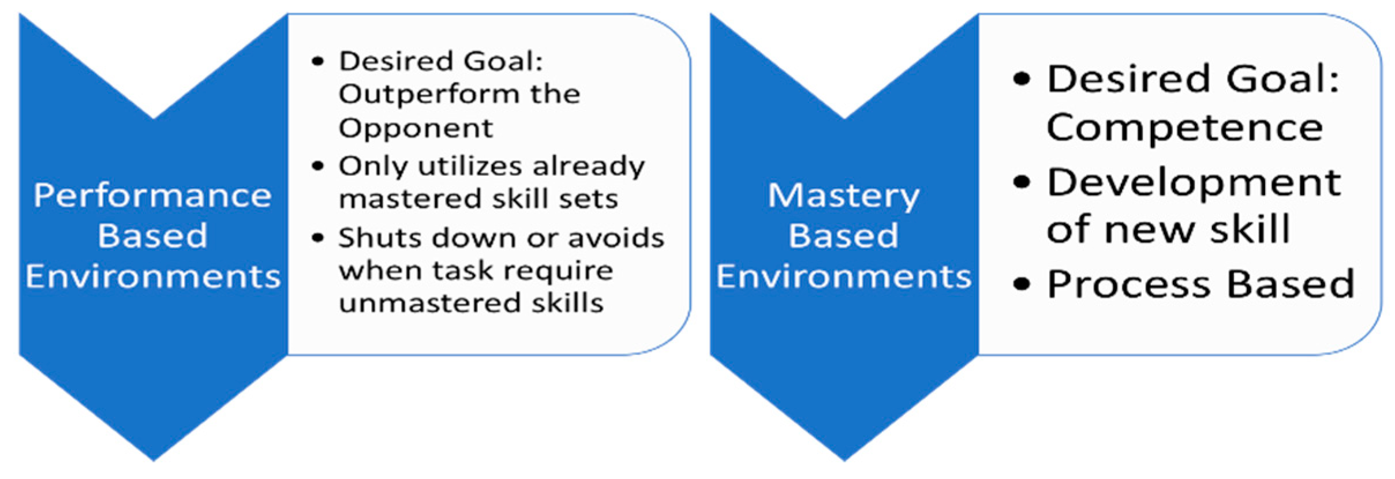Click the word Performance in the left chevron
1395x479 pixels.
click(x=153, y=195)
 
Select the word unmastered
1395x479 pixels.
click(x=430, y=303)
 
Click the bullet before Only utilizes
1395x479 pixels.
click(x=317, y=167)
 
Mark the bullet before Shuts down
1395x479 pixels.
click(x=317, y=238)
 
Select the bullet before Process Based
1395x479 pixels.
click(x=1021, y=285)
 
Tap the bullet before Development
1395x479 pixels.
click(x=1021, y=182)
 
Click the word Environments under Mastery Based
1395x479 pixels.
click(x=844, y=276)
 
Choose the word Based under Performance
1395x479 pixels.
click(x=152, y=236)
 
